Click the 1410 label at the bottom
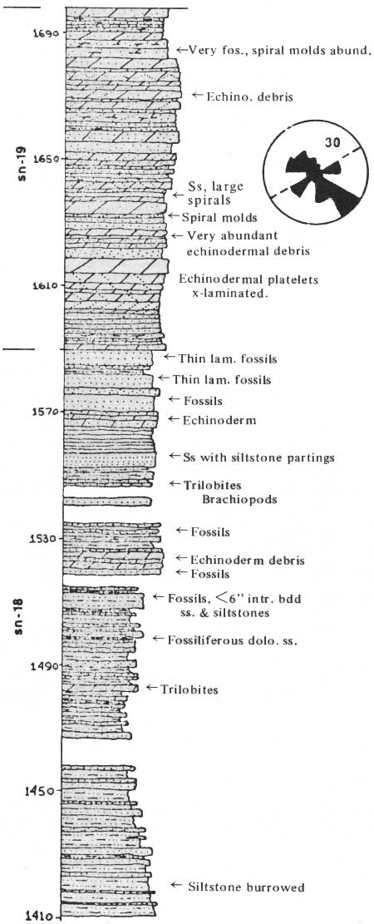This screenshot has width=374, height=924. (x=44, y=917)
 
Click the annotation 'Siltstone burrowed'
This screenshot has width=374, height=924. (x=246, y=886)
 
